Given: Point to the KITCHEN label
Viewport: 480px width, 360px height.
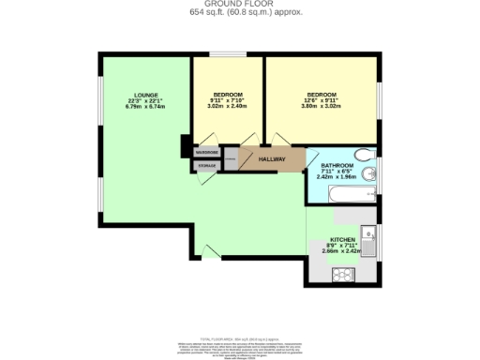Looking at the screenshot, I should (x=341, y=240).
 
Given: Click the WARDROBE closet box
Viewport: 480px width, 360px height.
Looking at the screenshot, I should (x=206, y=152).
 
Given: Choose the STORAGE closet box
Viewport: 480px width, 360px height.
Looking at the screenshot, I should (x=206, y=166).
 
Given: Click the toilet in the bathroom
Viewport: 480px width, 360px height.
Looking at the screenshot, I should (x=365, y=156).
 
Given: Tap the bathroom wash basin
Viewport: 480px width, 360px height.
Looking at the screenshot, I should (x=372, y=174).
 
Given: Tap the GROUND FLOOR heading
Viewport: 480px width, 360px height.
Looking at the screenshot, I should (x=239, y=4).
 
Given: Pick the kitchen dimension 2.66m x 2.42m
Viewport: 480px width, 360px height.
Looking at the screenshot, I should (x=341, y=251).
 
